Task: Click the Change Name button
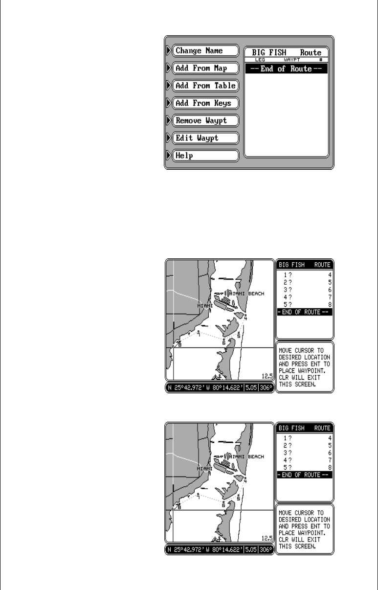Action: (205, 50)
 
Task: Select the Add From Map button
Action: (205, 68)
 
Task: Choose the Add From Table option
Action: (205, 86)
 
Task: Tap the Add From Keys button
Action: (205, 103)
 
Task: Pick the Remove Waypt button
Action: (205, 120)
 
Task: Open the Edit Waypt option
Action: (205, 138)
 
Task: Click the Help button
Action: (205, 156)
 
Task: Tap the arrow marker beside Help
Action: (169, 156)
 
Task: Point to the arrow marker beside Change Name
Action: (169, 50)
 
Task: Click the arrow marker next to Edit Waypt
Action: (169, 138)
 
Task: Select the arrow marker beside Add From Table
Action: (169, 86)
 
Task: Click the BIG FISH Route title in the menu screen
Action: (286, 52)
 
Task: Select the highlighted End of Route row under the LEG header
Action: (286, 69)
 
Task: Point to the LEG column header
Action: (260, 59)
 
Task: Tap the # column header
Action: (321, 59)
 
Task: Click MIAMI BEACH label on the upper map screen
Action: (250, 294)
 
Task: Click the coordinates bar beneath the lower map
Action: (219, 548)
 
